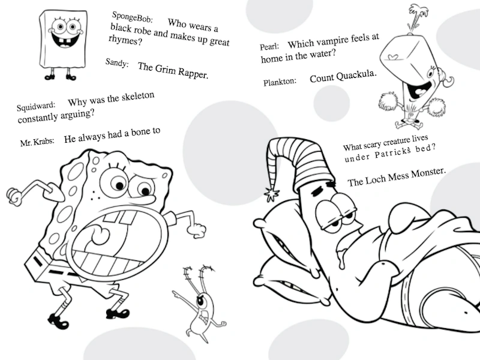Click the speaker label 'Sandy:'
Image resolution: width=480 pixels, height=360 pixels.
pyautogui.click(x=117, y=63)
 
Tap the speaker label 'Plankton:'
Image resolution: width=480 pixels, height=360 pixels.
pyautogui.click(x=280, y=82)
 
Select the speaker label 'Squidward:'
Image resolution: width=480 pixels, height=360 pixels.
pyautogui.click(x=36, y=106)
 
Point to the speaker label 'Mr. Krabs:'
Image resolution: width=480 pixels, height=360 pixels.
pyautogui.click(x=37, y=142)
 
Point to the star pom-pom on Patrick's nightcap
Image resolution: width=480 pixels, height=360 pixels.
pyautogui.click(x=272, y=194)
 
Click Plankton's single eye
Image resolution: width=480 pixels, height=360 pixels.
pyautogui.click(x=201, y=301)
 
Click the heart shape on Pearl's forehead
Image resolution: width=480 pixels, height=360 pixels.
pyautogui.click(x=393, y=56)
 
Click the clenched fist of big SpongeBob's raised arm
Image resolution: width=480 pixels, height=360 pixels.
pyautogui.click(x=14, y=196)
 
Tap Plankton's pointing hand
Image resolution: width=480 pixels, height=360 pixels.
pyautogui.click(x=176, y=295)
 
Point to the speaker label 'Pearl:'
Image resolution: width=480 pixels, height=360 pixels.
pyautogui.click(x=269, y=47)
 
